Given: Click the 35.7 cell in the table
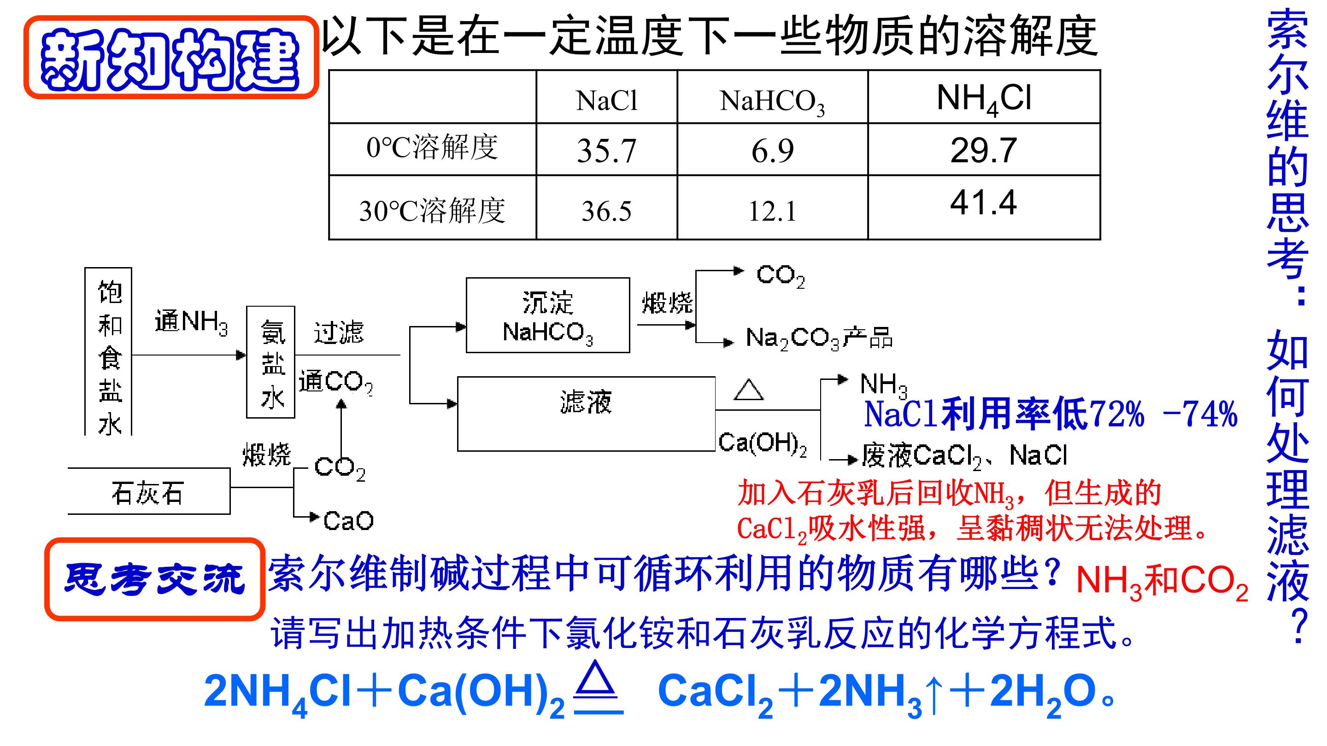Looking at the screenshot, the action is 606,150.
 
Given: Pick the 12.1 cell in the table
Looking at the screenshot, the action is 772,211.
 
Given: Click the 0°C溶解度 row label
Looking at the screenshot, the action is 432,147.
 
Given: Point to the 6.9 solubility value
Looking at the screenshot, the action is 772,151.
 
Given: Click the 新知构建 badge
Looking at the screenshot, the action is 171,58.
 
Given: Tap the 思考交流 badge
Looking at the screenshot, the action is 154,579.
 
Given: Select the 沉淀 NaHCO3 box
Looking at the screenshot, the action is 547,315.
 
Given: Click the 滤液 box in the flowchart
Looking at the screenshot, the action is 586,414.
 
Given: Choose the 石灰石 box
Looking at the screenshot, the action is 149,491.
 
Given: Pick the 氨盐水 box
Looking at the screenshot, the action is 271,362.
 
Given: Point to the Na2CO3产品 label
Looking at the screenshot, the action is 819,339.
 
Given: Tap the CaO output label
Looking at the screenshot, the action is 348,521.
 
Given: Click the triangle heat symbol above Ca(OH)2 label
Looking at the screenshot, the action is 748,390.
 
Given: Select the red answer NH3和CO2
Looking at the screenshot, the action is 1162,582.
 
